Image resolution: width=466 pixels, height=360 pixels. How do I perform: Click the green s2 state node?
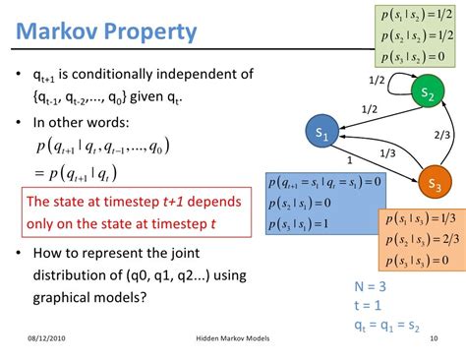coord(427,93)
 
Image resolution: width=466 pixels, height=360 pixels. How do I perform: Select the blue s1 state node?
coord(322,131)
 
